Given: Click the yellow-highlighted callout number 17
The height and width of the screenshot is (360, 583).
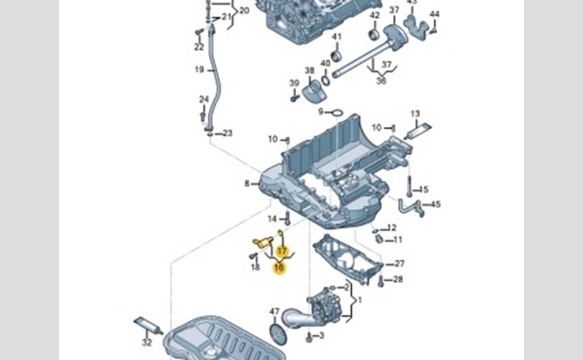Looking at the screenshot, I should point(282,251).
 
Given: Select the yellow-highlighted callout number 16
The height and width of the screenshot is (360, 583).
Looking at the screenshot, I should point(279,268).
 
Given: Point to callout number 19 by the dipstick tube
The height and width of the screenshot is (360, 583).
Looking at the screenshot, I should point(199,70).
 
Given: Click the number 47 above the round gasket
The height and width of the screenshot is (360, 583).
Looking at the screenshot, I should point(274,312).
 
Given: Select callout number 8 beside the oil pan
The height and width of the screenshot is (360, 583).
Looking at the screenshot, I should point(246,184).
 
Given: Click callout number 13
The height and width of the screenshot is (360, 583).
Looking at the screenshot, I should point(415,114).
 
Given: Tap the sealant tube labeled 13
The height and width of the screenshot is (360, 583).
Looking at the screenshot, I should point(417,132).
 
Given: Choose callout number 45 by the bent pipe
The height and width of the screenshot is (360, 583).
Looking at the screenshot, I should point(435,205).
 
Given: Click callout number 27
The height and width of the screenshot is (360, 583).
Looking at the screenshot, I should point(400,264).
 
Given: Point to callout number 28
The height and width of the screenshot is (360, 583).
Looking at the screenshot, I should point(398,279).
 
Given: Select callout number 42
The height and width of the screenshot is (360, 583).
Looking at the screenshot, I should point(374,15).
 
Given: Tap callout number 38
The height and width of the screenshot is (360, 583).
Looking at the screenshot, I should point(309,71).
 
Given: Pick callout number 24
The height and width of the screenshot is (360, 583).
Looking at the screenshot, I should point(204,99).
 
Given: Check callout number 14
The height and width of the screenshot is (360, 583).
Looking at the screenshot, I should point(273,218).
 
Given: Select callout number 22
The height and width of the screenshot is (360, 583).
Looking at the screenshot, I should point(199,48).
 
